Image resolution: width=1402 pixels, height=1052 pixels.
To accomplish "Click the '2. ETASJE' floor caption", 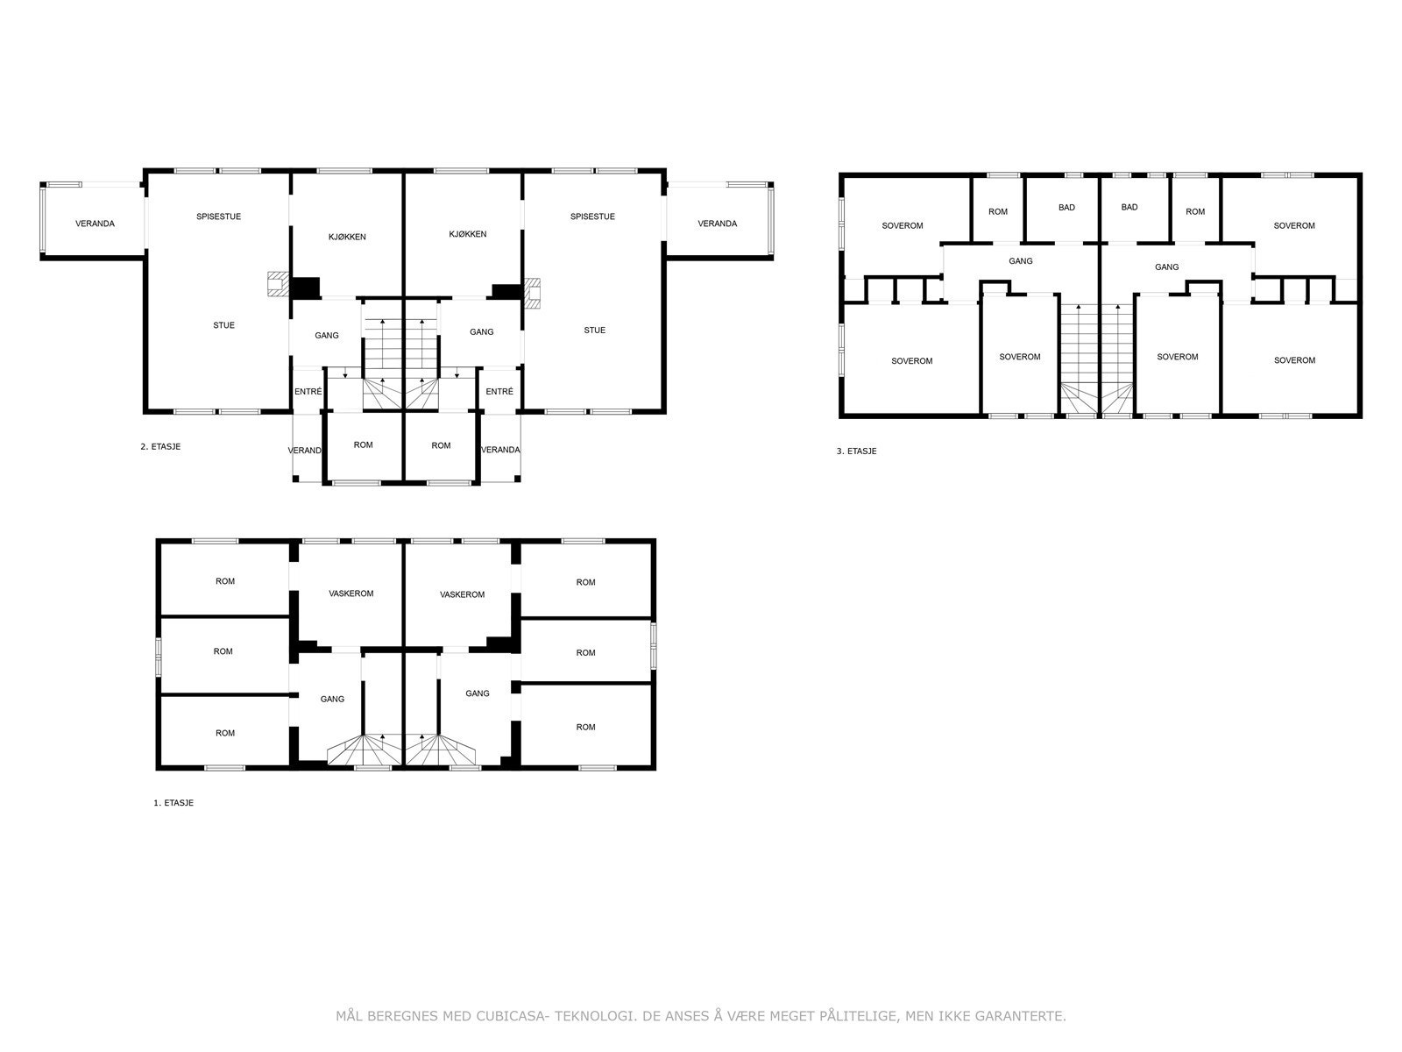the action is pyautogui.click(x=160, y=446).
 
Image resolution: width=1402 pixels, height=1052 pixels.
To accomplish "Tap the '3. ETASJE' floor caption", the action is pyautogui.click(x=856, y=451).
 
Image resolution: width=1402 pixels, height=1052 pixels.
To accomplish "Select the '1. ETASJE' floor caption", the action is pyautogui.click(x=173, y=803).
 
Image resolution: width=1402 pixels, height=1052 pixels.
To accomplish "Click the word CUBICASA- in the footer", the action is pyautogui.click(x=513, y=1016).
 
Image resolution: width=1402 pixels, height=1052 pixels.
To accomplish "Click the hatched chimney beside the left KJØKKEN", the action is pyautogui.click(x=277, y=283).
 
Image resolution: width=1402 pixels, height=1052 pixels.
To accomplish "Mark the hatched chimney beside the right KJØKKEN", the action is pyautogui.click(x=531, y=293).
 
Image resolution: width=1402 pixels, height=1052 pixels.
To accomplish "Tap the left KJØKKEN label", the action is pyautogui.click(x=348, y=237).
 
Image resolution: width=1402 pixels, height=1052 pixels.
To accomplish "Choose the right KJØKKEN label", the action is pyautogui.click(x=468, y=234).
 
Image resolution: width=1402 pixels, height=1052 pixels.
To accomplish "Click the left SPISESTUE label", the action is pyautogui.click(x=218, y=217).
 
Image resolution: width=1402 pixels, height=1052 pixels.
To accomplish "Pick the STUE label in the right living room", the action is pyautogui.click(x=595, y=331).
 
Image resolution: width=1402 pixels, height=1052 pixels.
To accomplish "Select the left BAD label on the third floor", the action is pyautogui.click(x=1066, y=208).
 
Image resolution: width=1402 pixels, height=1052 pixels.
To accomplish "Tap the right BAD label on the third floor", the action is pyautogui.click(x=1129, y=207).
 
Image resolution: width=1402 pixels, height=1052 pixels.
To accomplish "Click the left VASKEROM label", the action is pyautogui.click(x=351, y=594).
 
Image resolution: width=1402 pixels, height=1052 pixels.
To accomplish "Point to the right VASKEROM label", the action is pyautogui.click(x=463, y=594).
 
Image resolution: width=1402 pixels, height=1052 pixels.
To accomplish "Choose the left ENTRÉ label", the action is pyautogui.click(x=308, y=392).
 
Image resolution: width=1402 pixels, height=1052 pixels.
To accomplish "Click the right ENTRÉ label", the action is pyautogui.click(x=499, y=392).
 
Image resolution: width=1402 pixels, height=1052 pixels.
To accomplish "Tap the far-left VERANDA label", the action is pyautogui.click(x=96, y=224).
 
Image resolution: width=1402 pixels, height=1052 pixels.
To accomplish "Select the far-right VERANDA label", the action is pyautogui.click(x=718, y=224).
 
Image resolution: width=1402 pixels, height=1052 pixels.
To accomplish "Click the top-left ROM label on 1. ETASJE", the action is pyautogui.click(x=225, y=581).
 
